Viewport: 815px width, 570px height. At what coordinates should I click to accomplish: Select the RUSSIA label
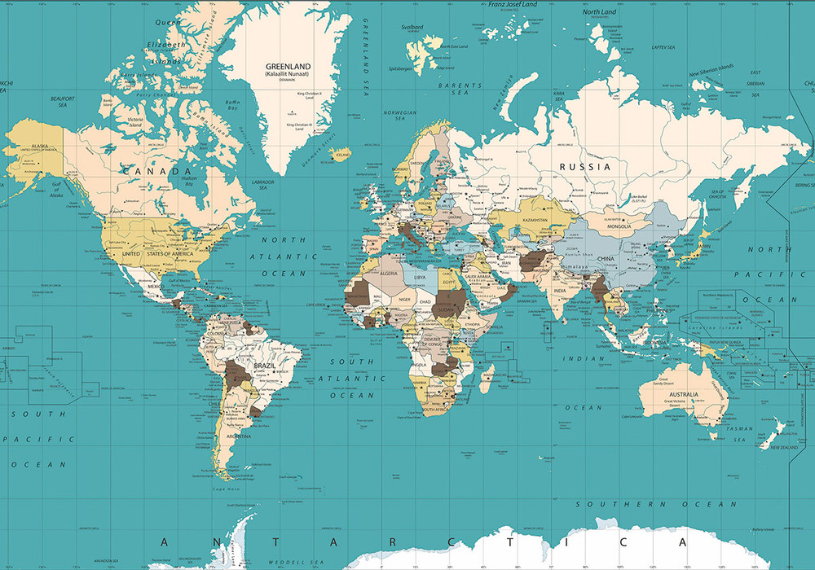pos(584,166)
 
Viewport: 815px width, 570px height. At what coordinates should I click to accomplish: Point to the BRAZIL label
pos(264,366)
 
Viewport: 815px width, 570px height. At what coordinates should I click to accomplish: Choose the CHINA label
pos(605,259)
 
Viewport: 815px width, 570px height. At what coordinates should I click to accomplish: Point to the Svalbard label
pos(412,27)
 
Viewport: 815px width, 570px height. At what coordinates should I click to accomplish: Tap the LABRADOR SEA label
pos(262,185)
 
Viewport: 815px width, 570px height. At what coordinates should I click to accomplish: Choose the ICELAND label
pos(344,152)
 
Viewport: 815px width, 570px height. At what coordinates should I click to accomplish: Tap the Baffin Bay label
pos(232,104)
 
